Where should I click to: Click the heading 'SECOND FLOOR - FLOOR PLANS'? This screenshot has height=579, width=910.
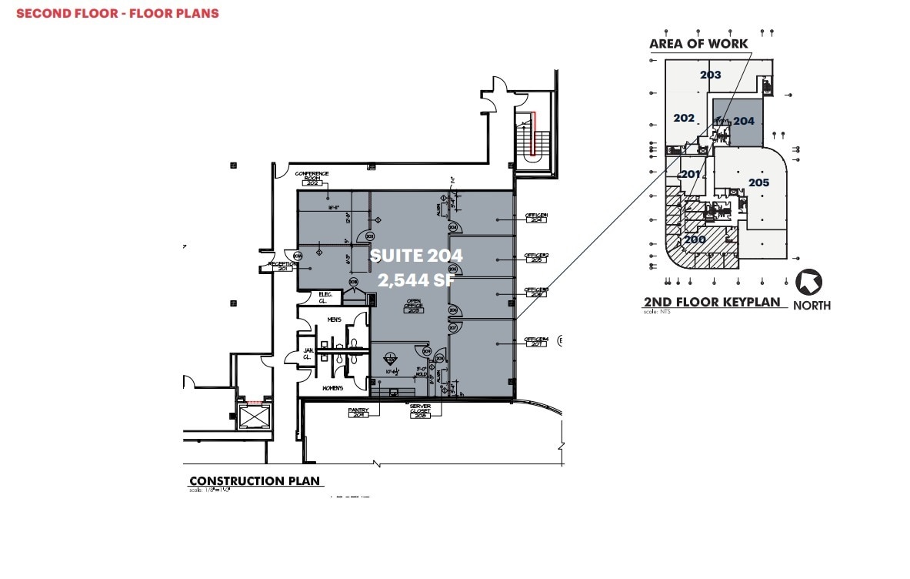point(118,13)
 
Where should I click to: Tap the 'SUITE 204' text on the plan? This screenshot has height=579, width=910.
point(416,255)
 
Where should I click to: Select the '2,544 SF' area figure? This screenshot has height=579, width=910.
point(416,281)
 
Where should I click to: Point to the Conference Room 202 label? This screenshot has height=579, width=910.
point(312,179)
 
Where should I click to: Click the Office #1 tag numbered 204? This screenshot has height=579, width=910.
point(535,218)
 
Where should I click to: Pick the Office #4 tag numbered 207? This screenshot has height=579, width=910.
point(535,340)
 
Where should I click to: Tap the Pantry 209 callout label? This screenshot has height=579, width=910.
point(358,413)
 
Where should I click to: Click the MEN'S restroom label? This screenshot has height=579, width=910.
point(334,320)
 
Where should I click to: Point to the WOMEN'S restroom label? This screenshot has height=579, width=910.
point(333,388)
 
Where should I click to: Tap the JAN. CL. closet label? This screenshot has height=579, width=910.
point(306,355)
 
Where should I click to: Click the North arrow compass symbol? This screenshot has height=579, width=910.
point(808,283)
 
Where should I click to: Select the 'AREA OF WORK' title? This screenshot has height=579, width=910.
point(698,44)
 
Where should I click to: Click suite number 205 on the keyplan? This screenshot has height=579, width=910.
point(758,182)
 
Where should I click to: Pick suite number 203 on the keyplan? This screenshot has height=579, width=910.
point(710,75)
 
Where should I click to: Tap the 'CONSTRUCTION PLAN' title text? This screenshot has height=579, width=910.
point(255,480)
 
